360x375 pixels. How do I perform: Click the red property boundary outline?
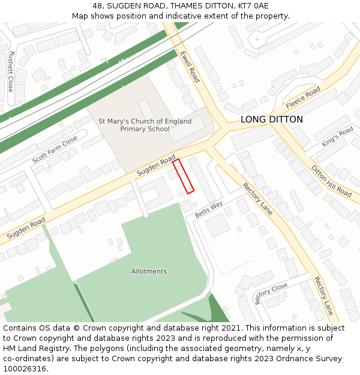[183, 176]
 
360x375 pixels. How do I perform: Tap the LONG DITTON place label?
[271, 119]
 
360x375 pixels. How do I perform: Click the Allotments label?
[149, 271]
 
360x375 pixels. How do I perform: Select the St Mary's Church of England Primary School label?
[145, 125]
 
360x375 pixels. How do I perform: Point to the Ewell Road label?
[190, 66]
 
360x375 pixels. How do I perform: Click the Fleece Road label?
[303, 98]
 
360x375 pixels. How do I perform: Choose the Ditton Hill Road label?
[331, 181]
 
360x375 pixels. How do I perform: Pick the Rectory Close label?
[271, 293]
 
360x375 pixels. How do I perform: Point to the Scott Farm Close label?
[55, 149]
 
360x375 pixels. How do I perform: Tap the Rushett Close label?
[11, 71]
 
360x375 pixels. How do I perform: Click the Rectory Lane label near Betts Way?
[257, 199]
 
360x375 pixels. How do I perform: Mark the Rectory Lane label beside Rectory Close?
[323, 296]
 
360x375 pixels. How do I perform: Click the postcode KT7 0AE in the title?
[252, 6]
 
